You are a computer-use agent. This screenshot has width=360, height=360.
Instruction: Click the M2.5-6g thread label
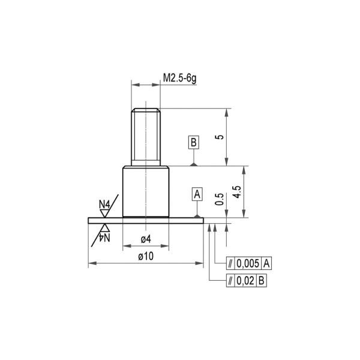point(182,77)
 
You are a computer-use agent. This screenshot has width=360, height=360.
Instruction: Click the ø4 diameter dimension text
point(145,239)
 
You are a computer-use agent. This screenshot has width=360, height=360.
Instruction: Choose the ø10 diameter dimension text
point(145,256)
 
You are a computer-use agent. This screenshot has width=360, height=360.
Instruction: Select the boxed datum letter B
point(193,142)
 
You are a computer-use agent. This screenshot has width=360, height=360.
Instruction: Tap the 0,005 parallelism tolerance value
point(248,263)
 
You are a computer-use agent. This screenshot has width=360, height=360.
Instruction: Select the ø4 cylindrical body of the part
point(145,191)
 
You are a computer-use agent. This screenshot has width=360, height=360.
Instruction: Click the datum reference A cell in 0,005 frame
point(268,263)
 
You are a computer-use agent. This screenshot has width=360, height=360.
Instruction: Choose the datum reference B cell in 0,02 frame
point(262,280)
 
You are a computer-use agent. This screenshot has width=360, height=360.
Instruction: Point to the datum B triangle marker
point(193,163)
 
